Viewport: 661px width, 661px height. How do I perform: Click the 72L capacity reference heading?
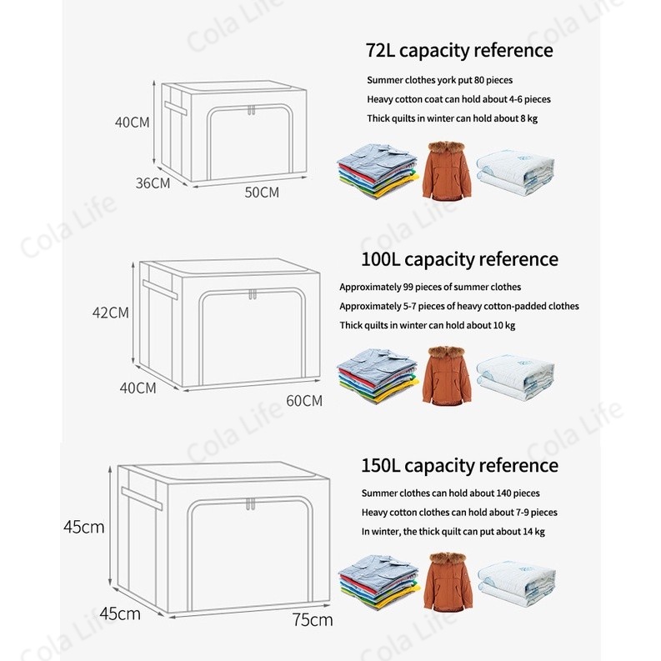pyautogui.click(x=458, y=50)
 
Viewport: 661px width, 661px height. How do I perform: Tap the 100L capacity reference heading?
pyautogui.click(x=459, y=259)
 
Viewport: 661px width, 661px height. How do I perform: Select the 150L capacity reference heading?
pyautogui.click(x=459, y=465)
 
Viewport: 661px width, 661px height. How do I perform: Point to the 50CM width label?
pyautogui.click(x=262, y=193)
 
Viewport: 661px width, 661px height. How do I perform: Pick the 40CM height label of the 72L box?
pyautogui.click(x=133, y=123)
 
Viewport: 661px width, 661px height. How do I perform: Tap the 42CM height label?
pyautogui.click(x=110, y=313)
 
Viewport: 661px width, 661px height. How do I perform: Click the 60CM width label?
pyautogui.click(x=303, y=400)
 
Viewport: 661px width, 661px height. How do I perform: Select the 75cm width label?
pyautogui.click(x=313, y=619)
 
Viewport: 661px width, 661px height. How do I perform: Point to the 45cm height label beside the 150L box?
pyautogui.click(x=84, y=527)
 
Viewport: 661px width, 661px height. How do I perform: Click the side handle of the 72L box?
pyautogui.click(x=177, y=108)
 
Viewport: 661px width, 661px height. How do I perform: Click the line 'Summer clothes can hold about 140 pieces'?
pyautogui.click(x=450, y=493)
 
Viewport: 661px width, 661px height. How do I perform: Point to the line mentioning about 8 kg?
pyautogui.click(x=452, y=118)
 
